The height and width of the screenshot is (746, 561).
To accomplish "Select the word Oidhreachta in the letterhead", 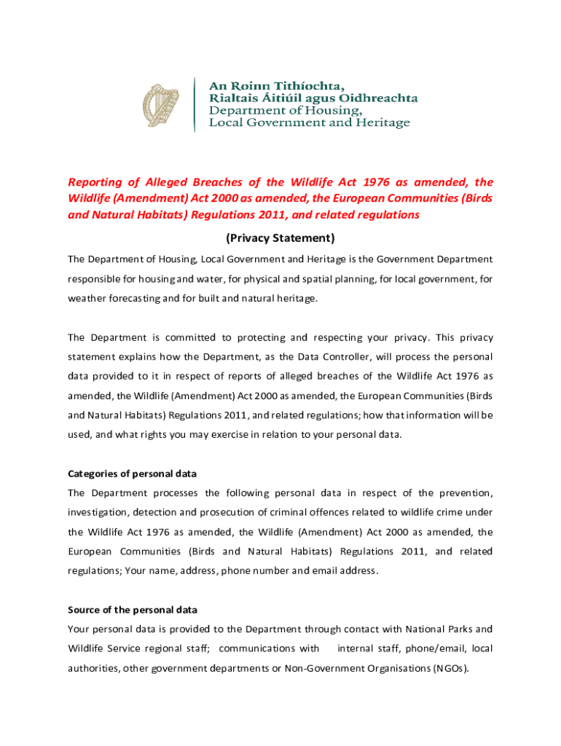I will [380, 97].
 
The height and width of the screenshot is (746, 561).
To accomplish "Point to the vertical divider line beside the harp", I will [195, 104].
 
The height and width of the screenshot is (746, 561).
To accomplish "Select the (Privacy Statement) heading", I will [280, 238].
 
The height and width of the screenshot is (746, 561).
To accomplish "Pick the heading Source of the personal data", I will [133, 610].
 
